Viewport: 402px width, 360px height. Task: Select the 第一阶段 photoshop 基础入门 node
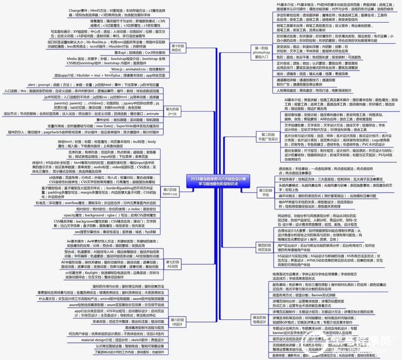pos(262,52)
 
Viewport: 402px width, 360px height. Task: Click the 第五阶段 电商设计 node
pos(260,319)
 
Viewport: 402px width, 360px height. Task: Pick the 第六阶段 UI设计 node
pos(178,322)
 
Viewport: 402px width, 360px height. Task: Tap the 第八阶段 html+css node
pos(170,192)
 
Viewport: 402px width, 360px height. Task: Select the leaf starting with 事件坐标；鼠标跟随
pos(127,120)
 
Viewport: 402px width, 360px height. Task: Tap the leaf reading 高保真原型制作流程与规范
pos(144,328)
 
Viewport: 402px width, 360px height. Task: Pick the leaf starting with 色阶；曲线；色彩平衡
pos(319,57)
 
